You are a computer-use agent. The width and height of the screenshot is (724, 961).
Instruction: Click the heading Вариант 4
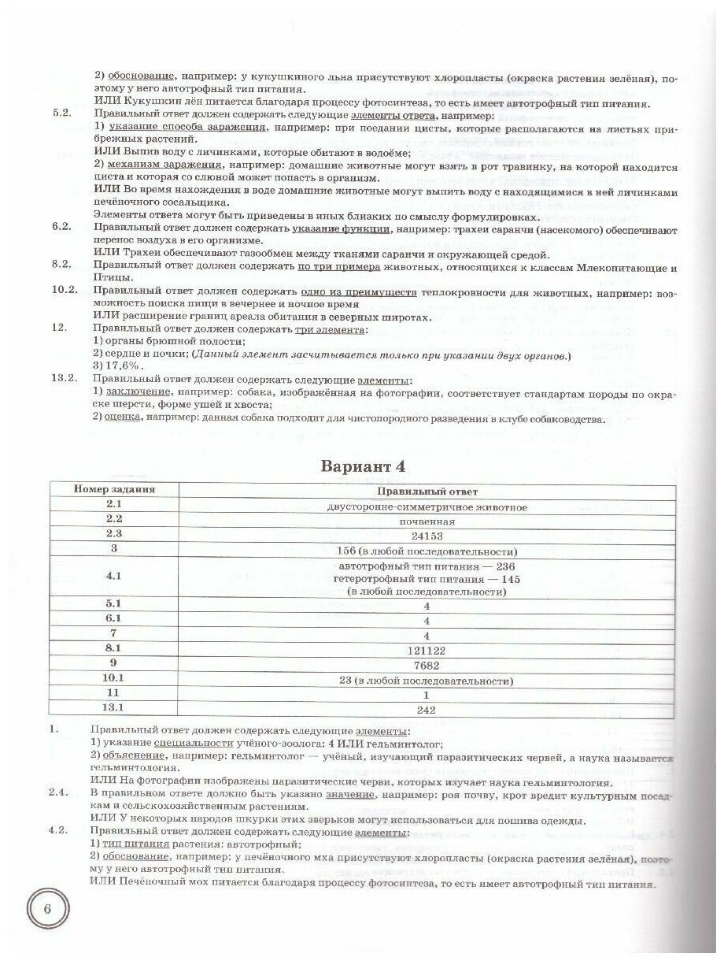pyautogui.click(x=364, y=466)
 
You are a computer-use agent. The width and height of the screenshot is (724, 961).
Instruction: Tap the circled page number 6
pyautogui.click(x=47, y=911)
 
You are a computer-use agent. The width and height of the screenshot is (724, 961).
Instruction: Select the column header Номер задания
pyautogui.click(x=114, y=490)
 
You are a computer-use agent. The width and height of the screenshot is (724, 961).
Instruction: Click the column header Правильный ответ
pyautogui.click(x=427, y=492)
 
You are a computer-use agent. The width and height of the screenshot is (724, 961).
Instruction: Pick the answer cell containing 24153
pyautogui.click(x=427, y=536)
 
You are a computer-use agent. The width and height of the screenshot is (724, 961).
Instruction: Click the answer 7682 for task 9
pyautogui.click(x=427, y=665)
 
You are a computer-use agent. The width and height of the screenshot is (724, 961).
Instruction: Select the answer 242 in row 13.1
pyautogui.click(x=427, y=711)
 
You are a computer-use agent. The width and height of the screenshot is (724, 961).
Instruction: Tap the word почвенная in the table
pyautogui.click(x=427, y=521)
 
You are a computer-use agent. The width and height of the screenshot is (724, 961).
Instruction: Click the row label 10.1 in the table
pyautogui.click(x=114, y=680)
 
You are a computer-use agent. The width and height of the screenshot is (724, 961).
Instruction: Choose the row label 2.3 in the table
pyautogui.click(x=114, y=535)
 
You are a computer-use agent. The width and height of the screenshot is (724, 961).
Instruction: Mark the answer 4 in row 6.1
pyautogui.click(x=427, y=620)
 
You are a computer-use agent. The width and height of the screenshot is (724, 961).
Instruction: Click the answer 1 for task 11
pyautogui.click(x=427, y=696)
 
